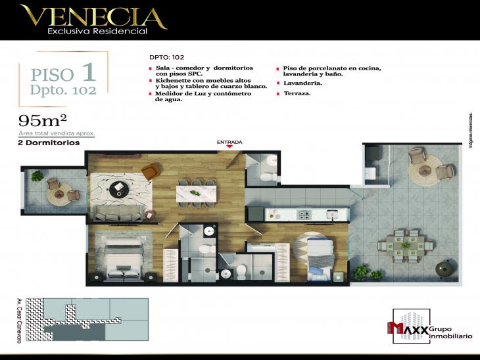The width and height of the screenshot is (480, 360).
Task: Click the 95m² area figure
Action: point(43,120)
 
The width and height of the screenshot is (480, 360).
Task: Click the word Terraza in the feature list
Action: point(297,94)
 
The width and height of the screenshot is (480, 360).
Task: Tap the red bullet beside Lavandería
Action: point(279,83)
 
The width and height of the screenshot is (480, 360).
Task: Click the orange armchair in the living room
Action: point(150,171)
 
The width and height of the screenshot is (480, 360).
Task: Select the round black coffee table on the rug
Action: point(118,189)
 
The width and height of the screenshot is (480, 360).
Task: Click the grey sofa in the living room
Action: point(118,212)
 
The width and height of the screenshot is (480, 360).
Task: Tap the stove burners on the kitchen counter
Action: point(304,214)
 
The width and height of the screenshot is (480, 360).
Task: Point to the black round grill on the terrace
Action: point(443,267)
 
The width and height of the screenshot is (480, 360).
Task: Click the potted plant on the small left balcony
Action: point(37,176)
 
